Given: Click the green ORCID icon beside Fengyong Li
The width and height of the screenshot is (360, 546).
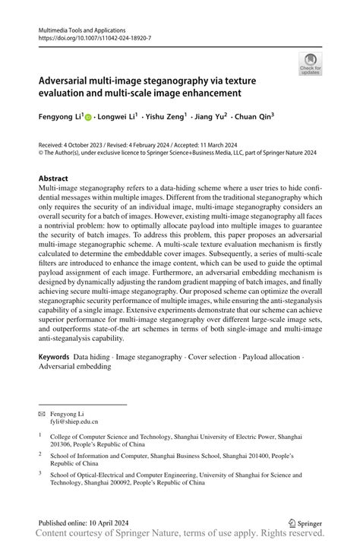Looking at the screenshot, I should [x=87, y=118].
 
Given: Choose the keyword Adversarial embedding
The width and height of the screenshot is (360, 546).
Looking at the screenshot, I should [x=74, y=365].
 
